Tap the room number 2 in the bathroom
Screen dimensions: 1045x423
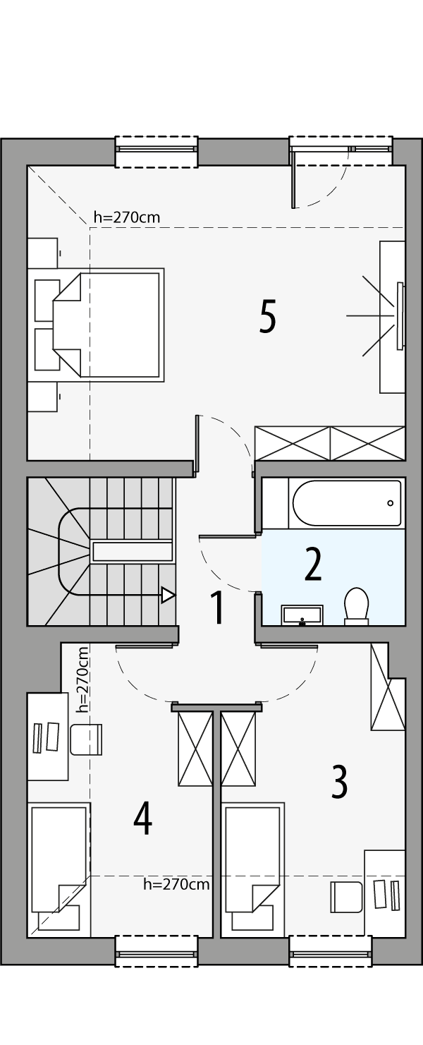(x=312, y=563)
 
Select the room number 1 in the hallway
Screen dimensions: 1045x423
(x=218, y=608)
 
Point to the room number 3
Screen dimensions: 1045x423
(x=339, y=782)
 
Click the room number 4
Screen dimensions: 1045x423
(x=142, y=819)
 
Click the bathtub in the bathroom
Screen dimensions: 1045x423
(x=346, y=503)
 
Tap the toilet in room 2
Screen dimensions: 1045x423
(x=357, y=606)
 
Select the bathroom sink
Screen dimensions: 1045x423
(x=302, y=615)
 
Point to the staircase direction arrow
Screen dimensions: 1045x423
(x=168, y=595)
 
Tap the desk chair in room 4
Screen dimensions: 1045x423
(x=86, y=739)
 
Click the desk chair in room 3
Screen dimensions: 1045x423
(x=346, y=896)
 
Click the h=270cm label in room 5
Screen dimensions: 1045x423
(x=127, y=217)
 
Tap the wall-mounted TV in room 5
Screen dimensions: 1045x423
(x=400, y=315)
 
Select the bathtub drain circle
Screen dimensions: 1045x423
(x=390, y=503)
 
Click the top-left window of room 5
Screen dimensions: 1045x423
(x=157, y=149)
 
